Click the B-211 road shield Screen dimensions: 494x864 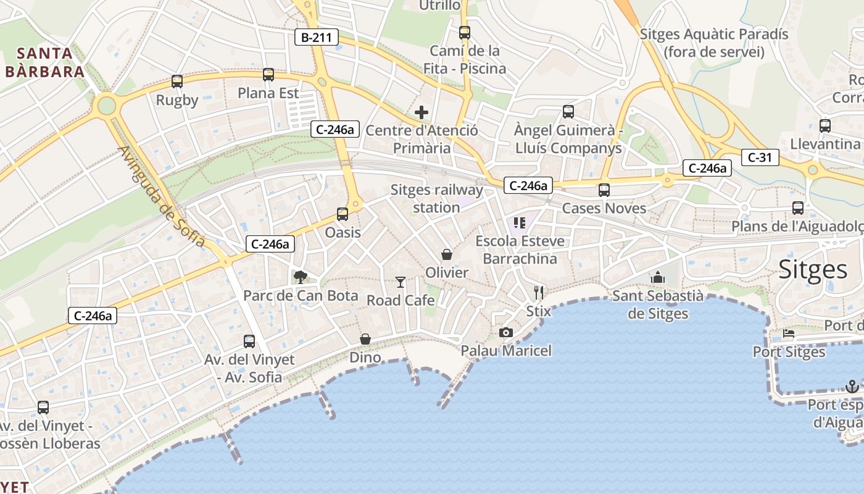coord(316,38)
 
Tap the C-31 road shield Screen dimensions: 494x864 coord(760,157)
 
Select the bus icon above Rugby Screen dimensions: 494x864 coord(177,82)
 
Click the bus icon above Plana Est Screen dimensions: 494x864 coord(268,75)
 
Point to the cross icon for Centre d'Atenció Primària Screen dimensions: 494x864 coord(422,112)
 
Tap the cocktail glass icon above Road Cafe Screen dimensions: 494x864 coord(401,282)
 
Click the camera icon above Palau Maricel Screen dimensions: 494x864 coord(506,333)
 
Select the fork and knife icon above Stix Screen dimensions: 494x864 coord(539,293)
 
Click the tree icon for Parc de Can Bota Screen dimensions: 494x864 coord(301,277)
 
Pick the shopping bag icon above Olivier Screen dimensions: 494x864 coord(447,254)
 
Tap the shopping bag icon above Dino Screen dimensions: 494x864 coord(365,339)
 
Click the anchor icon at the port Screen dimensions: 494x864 coord(852,387)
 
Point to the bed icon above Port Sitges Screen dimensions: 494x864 coord(789,334)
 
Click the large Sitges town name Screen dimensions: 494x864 coord(813,269)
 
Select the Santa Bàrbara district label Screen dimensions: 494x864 coord(44,62)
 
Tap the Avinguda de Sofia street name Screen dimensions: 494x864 coord(162,196)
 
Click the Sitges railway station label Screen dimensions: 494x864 coord(436,199)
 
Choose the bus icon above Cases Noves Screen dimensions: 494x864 coord(604,190)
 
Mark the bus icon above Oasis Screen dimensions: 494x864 coord(343,214)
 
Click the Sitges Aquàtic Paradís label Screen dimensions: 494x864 coord(714,43)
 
